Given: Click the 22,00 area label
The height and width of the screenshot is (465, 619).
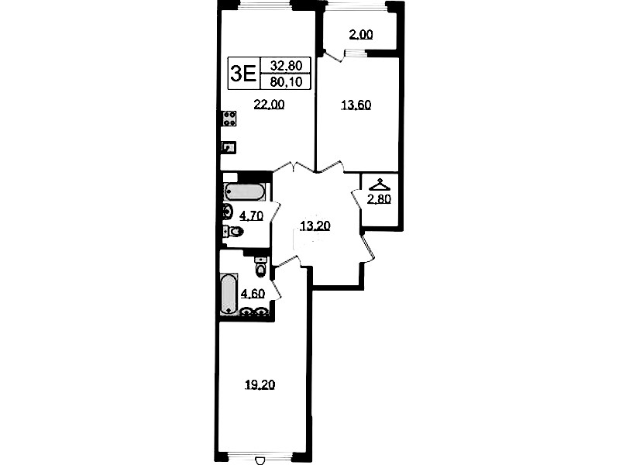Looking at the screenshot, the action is (269, 105).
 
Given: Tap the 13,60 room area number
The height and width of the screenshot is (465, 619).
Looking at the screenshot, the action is (356, 105).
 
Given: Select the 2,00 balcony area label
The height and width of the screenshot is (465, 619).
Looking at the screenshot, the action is (361, 35).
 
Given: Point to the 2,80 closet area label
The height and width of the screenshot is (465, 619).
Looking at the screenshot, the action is (379, 199).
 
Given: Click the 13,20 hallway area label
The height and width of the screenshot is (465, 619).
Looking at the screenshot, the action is (315, 226).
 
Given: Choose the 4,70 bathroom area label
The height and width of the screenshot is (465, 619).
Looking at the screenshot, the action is (252, 215).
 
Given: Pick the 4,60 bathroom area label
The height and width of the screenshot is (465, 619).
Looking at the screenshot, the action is (253, 294).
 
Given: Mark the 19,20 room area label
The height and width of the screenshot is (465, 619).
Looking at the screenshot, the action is (260, 384).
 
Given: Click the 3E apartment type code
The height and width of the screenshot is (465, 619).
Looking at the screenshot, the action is (242, 74).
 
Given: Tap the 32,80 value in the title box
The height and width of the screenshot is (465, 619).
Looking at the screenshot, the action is (286, 65).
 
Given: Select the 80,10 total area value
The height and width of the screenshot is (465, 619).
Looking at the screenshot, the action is (286, 82).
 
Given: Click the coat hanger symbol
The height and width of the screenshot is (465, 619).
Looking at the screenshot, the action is (379, 184).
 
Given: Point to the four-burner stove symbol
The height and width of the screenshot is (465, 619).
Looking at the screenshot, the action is (229, 119).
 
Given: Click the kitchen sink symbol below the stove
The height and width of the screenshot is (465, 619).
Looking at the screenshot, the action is (229, 147).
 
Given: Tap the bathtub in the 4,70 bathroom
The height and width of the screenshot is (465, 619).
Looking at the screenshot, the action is (244, 192).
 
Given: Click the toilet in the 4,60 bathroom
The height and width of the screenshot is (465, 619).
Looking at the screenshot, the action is (260, 267).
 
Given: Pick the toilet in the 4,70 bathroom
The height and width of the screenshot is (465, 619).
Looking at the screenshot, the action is (233, 232).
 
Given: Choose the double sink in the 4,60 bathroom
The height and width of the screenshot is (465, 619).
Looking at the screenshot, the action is (254, 312).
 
